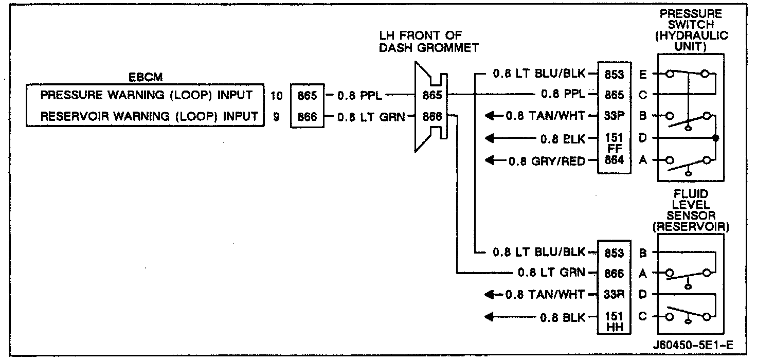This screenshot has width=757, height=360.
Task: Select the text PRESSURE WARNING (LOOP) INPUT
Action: pyautogui.click(x=147, y=96)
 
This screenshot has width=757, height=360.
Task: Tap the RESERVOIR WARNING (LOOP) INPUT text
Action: pyautogui.click(x=149, y=116)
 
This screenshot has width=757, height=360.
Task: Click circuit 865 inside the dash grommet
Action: pyautogui.click(x=432, y=95)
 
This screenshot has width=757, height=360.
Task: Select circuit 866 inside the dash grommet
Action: pyautogui.click(x=432, y=116)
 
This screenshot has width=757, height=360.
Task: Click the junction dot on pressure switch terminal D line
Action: pyautogui.click(x=716, y=138)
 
